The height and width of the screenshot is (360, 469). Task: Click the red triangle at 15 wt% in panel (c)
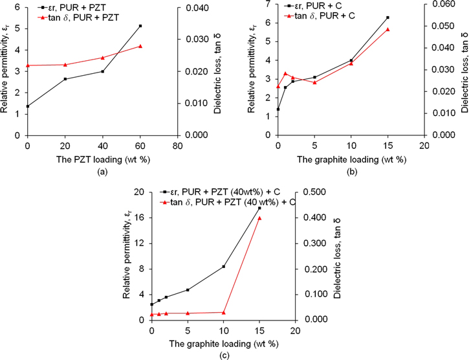pos(259,218)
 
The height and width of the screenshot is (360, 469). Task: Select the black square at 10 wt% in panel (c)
pos(224,267)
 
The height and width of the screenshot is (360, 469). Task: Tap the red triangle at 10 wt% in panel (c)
pos(224,312)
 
